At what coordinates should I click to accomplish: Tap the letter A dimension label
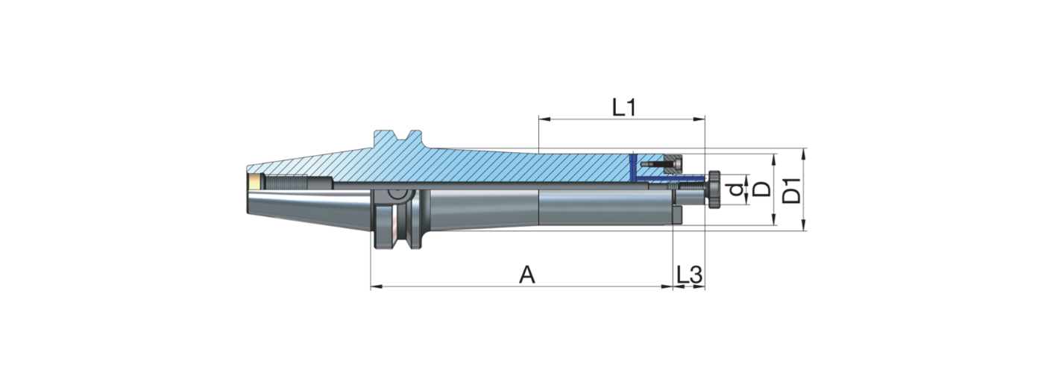[527, 275]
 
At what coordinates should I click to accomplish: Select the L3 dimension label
[689, 275]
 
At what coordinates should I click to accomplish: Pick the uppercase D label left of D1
[761, 189]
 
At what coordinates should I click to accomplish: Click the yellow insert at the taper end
[255, 181]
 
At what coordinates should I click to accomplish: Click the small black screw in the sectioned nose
[656, 163]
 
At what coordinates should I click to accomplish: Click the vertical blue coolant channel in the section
[632, 169]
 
